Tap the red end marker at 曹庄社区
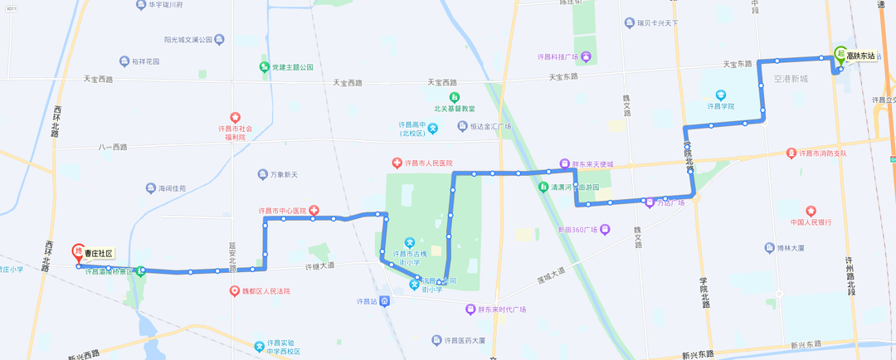79,251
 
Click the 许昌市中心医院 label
282,211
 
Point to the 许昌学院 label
720,106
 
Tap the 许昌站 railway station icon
385,300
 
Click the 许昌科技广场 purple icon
586,56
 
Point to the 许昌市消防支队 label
822,153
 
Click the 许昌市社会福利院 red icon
235,118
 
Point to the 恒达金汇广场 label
489,126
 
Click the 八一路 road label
112,147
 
